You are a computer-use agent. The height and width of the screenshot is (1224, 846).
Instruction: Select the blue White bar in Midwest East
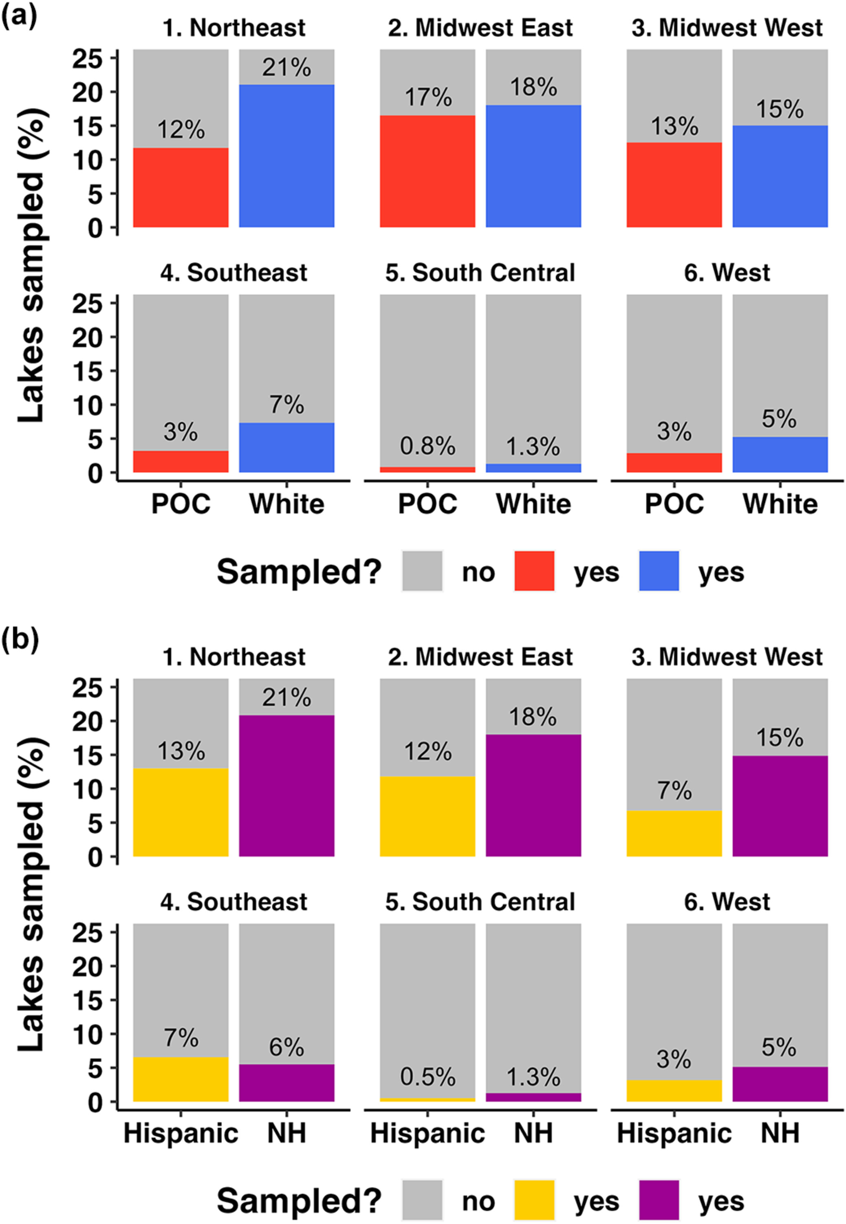pyautogui.click(x=533, y=166)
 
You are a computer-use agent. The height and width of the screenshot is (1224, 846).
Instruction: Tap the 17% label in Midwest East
pyautogui.click(x=428, y=97)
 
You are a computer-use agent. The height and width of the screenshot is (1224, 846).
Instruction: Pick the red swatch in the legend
pyautogui.click(x=534, y=571)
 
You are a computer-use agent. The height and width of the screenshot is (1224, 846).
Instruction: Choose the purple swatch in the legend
pyautogui.click(x=659, y=1200)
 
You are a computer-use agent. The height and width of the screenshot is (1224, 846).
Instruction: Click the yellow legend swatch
pyautogui.click(x=534, y=1200)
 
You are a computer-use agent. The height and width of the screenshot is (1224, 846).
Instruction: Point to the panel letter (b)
pyautogui.click(x=20, y=640)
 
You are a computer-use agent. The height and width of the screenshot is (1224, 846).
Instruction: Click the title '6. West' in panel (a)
pyautogui.click(x=727, y=273)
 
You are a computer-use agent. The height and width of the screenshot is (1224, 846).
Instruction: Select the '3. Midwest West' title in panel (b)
pyautogui.click(x=727, y=657)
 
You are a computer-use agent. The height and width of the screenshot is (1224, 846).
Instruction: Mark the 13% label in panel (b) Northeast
pyautogui.click(x=181, y=751)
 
